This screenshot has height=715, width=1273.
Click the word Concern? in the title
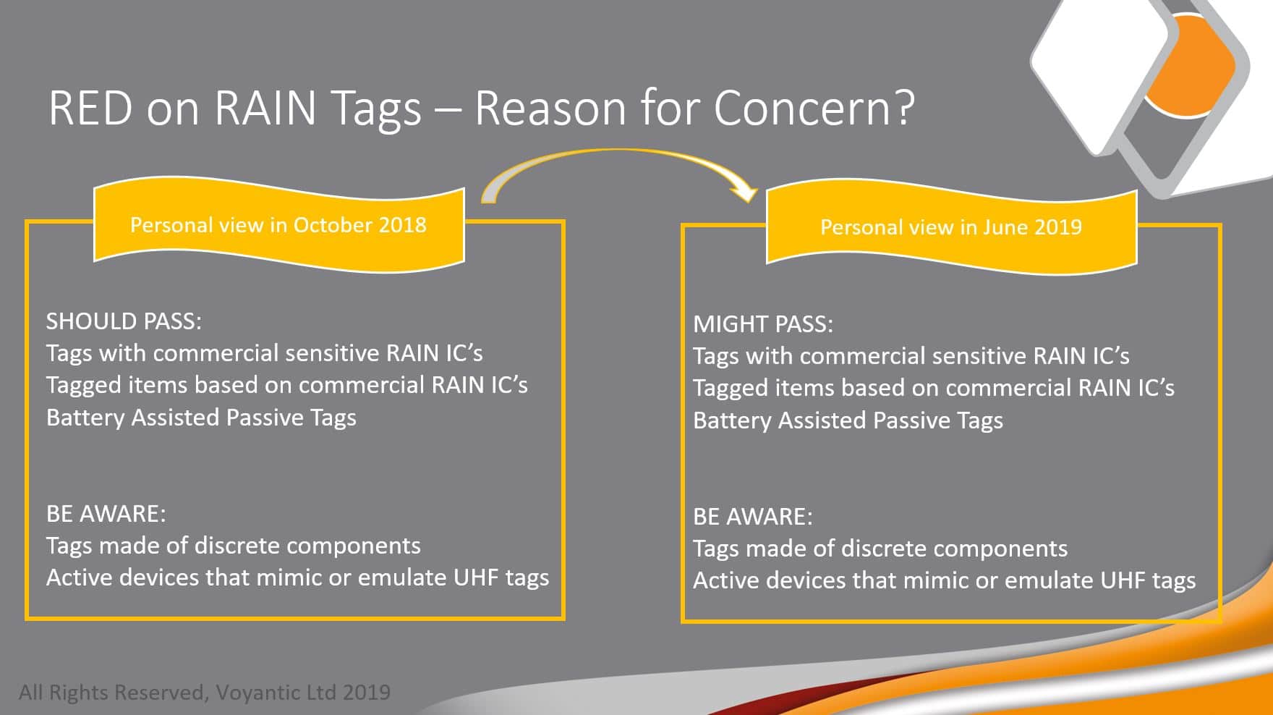[x=814, y=108]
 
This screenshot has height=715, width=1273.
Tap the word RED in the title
[x=90, y=108]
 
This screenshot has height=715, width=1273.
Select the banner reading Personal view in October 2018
[x=278, y=225]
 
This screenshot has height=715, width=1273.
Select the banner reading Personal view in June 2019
[x=951, y=227]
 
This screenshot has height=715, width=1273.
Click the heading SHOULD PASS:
[x=124, y=321]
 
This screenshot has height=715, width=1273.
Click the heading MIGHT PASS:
[x=763, y=323]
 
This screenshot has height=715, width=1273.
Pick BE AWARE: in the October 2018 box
[x=106, y=513]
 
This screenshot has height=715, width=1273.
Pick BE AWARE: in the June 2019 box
[x=752, y=516]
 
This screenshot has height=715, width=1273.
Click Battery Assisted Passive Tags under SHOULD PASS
[x=201, y=418]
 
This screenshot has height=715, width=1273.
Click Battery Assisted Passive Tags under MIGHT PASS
[x=848, y=420]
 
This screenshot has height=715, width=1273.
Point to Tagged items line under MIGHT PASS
[x=934, y=388]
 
